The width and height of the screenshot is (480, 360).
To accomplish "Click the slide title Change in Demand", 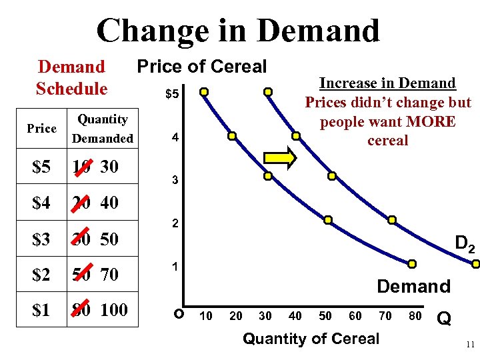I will [238, 30].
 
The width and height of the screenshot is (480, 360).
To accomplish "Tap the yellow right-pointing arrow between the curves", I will [283, 158].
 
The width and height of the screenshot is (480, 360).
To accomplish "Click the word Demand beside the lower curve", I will [413, 287].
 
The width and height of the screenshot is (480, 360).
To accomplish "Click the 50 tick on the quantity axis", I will [325, 316].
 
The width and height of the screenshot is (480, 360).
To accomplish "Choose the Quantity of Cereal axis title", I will [311, 339].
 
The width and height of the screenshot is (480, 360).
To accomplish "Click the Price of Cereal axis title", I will [201, 67].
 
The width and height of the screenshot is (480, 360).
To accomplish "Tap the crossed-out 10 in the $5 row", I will [82, 167].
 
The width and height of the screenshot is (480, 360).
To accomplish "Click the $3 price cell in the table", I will [41, 239].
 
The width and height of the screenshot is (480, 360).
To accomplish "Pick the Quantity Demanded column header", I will [103, 129].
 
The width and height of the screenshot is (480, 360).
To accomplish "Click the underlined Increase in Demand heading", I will [387, 83].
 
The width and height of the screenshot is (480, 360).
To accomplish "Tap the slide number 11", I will [470, 345].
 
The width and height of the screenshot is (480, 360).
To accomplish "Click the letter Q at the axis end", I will [444, 319].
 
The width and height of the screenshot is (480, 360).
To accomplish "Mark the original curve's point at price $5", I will [205, 91].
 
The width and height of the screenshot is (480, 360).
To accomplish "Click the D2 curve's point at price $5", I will [267, 91].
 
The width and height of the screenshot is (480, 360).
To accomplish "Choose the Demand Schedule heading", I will [71, 77].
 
